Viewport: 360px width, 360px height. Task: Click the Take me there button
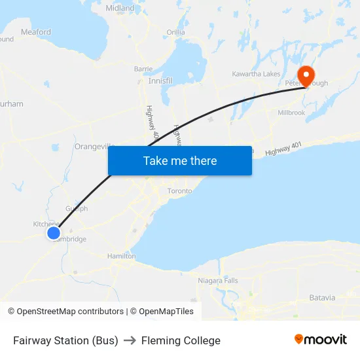180,161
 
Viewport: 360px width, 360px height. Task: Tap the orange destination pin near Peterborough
306,74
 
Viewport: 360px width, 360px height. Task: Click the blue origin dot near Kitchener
54,232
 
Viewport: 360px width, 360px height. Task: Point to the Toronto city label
180,191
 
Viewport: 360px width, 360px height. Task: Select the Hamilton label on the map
122,256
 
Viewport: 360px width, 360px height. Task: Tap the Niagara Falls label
219,281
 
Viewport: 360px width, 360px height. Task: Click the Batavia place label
322,297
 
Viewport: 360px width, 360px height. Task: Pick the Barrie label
143,69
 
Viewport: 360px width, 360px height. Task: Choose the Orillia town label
175,32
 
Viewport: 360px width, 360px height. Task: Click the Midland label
120,9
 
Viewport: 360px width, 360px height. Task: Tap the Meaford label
35,31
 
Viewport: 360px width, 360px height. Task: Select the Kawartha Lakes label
257,74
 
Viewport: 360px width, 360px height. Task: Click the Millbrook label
291,113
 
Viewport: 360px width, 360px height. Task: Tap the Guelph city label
77,209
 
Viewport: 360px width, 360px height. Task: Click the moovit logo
320,340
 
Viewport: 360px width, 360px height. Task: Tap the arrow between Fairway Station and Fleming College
130,340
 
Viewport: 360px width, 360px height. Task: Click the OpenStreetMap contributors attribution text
65,312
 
